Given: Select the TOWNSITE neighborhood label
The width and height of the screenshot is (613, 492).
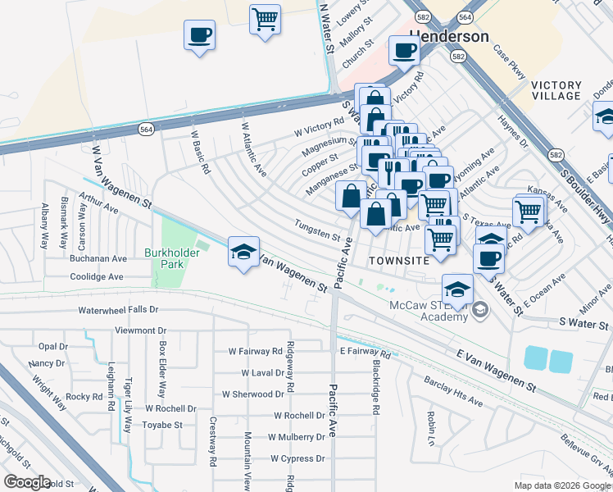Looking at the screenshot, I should (x=398, y=259).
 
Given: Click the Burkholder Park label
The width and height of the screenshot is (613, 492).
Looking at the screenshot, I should (x=172, y=259).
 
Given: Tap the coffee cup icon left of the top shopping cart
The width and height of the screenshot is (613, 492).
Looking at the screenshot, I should (x=199, y=35).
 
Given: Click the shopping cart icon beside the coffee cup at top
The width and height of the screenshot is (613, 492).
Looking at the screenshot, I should (x=265, y=18).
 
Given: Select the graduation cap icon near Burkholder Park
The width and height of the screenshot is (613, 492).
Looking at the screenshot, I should (x=243, y=252).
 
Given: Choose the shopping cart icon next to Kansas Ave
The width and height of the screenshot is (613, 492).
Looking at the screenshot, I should (x=529, y=211).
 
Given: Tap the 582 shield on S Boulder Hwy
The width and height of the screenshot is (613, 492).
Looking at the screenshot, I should (x=556, y=155).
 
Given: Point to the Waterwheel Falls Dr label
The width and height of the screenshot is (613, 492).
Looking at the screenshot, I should (x=118, y=311).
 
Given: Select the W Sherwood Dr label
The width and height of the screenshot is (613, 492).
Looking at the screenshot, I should (x=252, y=394).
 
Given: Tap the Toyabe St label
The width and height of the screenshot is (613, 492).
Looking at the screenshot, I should (x=161, y=425).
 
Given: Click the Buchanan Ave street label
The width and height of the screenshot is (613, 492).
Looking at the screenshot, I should (x=98, y=258).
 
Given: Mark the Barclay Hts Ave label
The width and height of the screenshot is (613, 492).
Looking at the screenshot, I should (x=452, y=391).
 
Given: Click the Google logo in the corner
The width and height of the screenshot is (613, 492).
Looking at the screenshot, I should (x=27, y=482).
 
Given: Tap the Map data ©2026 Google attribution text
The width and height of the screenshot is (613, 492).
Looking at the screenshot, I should (x=563, y=485).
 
